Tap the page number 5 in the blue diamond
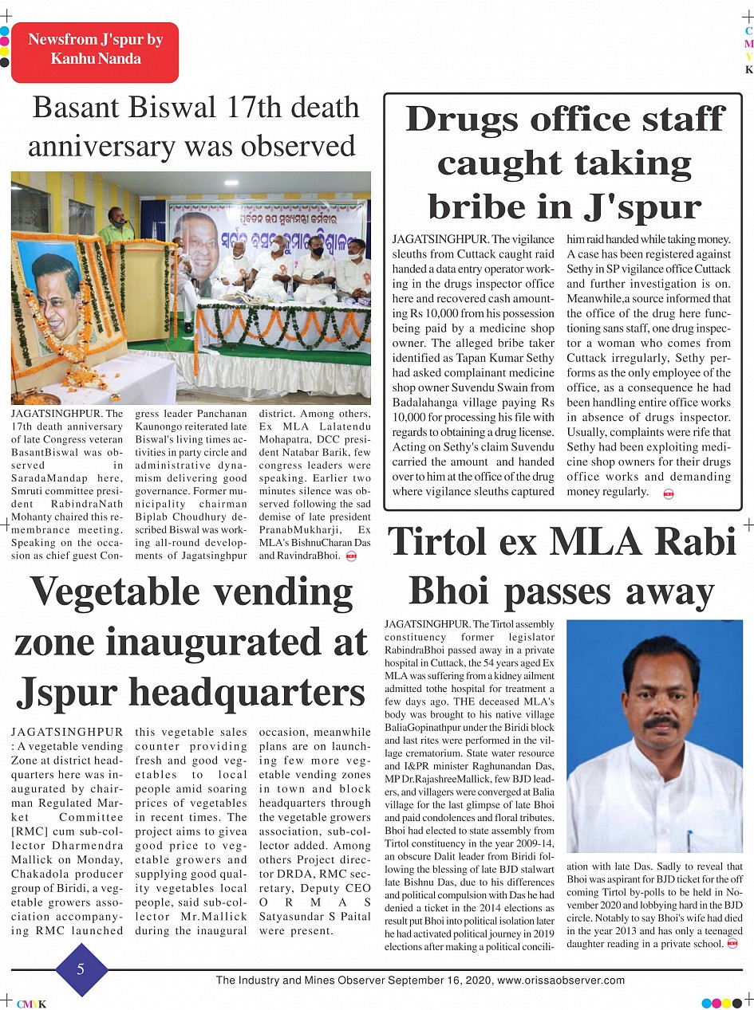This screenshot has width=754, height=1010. (x=81, y=969)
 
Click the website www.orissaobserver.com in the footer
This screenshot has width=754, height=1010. (x=561, y=981)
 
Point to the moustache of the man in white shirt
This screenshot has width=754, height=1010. (x=661, y=724)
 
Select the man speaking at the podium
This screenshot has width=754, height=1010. (x=116, y=225)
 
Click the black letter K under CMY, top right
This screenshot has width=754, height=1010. (x=748, y=69)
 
